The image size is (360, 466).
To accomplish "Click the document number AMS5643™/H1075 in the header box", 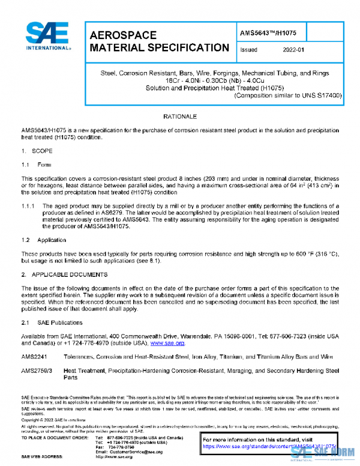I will [x=269, y=33].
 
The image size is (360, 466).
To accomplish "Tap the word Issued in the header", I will [x=249, y=50].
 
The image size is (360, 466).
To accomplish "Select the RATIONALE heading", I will [x=180, y=115].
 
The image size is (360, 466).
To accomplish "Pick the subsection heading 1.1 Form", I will [x=37, y=165].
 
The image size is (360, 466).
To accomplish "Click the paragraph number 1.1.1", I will [x=29, y=205].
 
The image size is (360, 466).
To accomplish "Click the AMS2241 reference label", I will [x=34, y=357].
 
